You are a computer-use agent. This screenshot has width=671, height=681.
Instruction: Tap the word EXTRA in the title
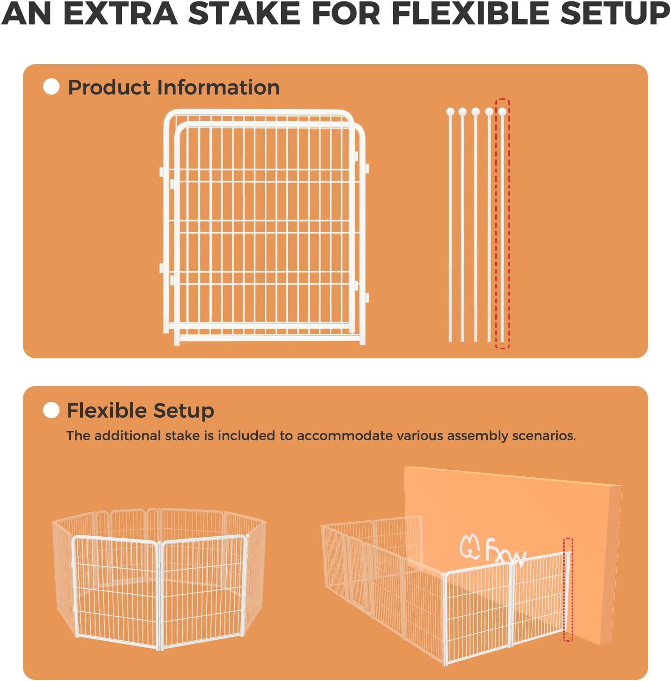pos(120,14)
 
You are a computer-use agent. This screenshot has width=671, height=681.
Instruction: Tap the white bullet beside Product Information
pos(51,87)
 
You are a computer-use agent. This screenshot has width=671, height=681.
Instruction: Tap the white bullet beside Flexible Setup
pos(51,410)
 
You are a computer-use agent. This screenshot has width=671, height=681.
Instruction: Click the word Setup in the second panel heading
pos(184,411)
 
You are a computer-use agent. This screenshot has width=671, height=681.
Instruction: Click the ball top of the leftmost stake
pos(450,111)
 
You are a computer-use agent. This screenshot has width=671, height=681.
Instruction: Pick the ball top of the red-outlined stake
pos(502,111)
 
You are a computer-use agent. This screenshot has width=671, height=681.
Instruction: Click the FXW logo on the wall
pos(492,549)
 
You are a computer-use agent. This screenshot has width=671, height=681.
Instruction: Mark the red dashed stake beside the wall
pos(568,590)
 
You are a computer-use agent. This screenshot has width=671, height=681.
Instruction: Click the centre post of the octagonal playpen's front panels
pos(159,595)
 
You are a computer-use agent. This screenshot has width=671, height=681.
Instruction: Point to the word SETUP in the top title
pos(615,14)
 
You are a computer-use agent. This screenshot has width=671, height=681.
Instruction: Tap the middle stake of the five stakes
pos(476,225)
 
